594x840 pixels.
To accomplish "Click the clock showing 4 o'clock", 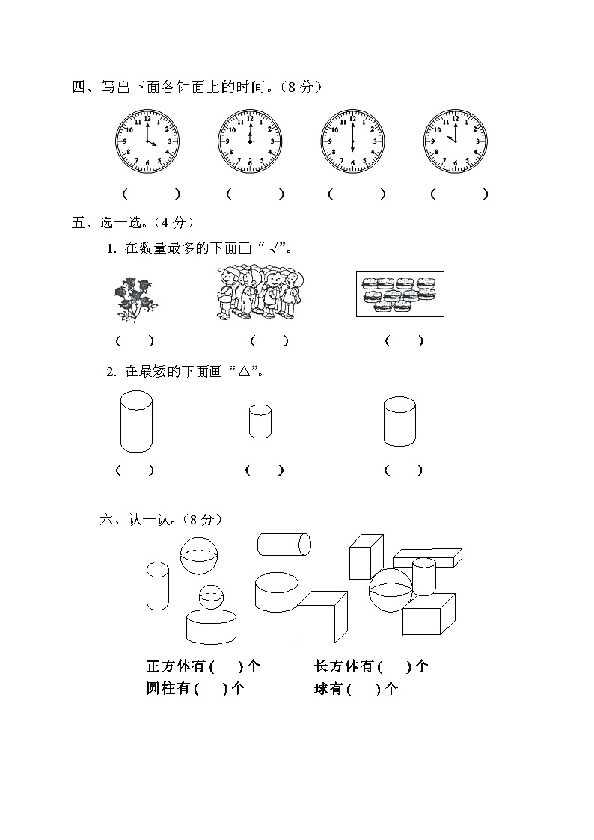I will (147, 141).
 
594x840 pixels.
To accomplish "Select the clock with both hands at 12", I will (250, 141).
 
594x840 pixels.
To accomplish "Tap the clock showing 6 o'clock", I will (352, 141).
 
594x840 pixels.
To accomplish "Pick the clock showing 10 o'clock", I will (455, 141).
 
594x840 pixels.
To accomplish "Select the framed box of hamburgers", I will (399, 294).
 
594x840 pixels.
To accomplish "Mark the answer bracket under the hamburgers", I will (404, 341).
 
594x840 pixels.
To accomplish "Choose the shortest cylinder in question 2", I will (260, 422).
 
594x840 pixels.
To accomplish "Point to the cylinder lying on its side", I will (284, 545).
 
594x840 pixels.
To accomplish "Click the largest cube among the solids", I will (322, 616).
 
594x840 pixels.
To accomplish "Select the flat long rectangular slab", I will (427, 557).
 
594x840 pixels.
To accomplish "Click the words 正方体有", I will (177, 666).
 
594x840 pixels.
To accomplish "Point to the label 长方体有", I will (344, 666).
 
